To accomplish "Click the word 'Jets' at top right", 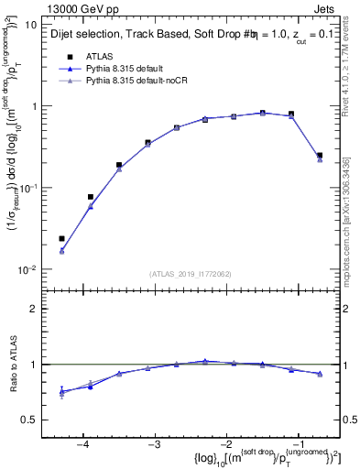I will coord(326,8).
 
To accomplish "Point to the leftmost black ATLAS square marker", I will coord(61,239).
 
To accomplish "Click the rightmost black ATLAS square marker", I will coord(319,156).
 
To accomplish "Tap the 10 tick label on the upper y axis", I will coord(31,25).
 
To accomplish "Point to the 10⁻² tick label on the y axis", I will coord(28,269).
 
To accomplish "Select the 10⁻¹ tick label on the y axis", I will coord(28,188).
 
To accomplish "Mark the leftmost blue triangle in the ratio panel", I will coord(61,392).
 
